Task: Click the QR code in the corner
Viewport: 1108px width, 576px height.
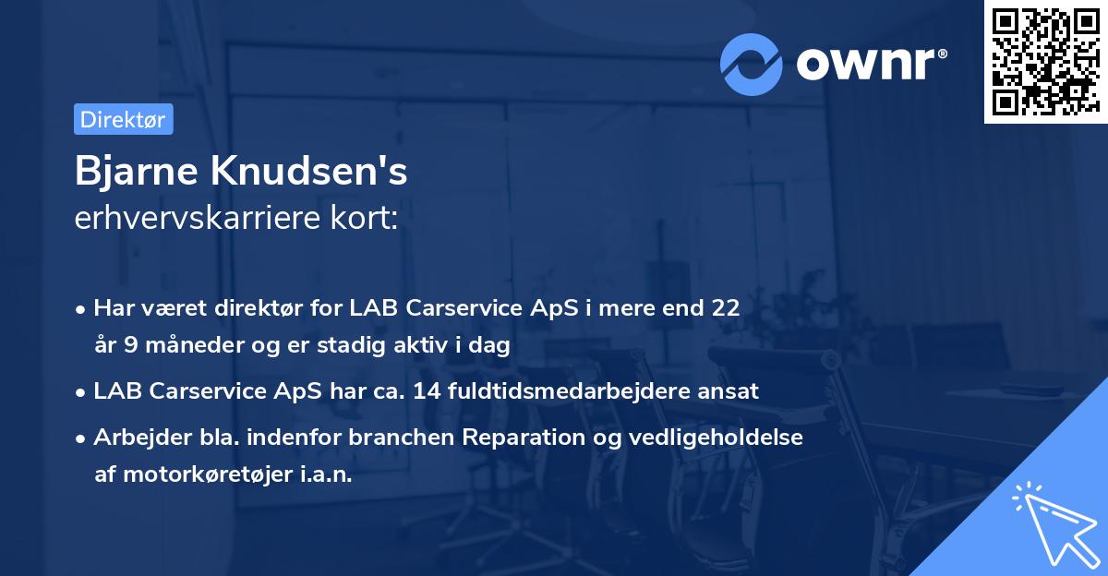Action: pos(1042,61)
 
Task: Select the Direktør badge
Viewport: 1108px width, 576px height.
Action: pos(123,119)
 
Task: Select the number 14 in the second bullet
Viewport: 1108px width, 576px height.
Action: pos(427,390)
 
